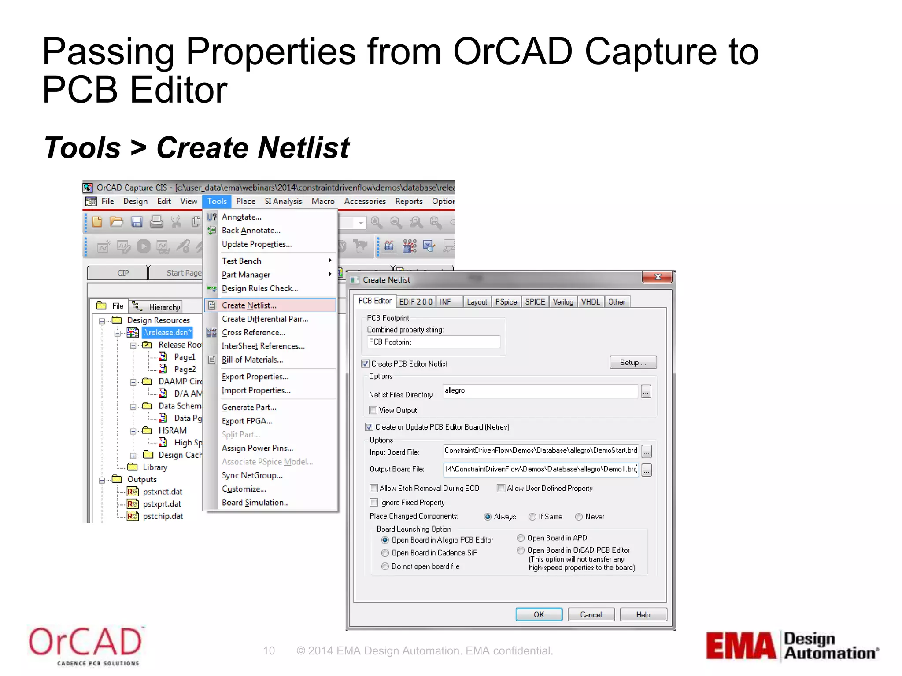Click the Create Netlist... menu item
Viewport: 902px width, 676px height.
(249, 305)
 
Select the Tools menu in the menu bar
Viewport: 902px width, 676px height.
(217, 201)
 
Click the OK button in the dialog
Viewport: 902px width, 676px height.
(539, 614)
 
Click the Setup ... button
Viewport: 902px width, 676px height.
(633, 362)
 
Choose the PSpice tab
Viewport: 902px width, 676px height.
(506, 302)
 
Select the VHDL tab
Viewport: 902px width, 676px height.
(590, 302)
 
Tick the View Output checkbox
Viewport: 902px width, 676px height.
(373, 410)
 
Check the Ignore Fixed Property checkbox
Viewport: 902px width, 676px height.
(374, 502)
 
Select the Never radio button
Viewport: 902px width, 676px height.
(579, 517)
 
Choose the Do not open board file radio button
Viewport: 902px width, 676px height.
(385, 566)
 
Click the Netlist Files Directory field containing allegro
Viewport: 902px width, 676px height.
(540, 391)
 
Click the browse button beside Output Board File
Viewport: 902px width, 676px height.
(646, 470)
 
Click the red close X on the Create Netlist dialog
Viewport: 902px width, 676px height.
(658, 277)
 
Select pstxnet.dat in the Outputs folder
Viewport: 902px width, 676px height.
(162, 492)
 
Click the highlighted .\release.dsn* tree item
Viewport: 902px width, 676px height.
(167, 333)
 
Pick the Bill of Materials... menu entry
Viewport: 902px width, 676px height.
(252, 360)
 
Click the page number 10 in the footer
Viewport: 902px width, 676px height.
(269, 650)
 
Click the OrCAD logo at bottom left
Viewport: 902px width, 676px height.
(85, 645)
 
